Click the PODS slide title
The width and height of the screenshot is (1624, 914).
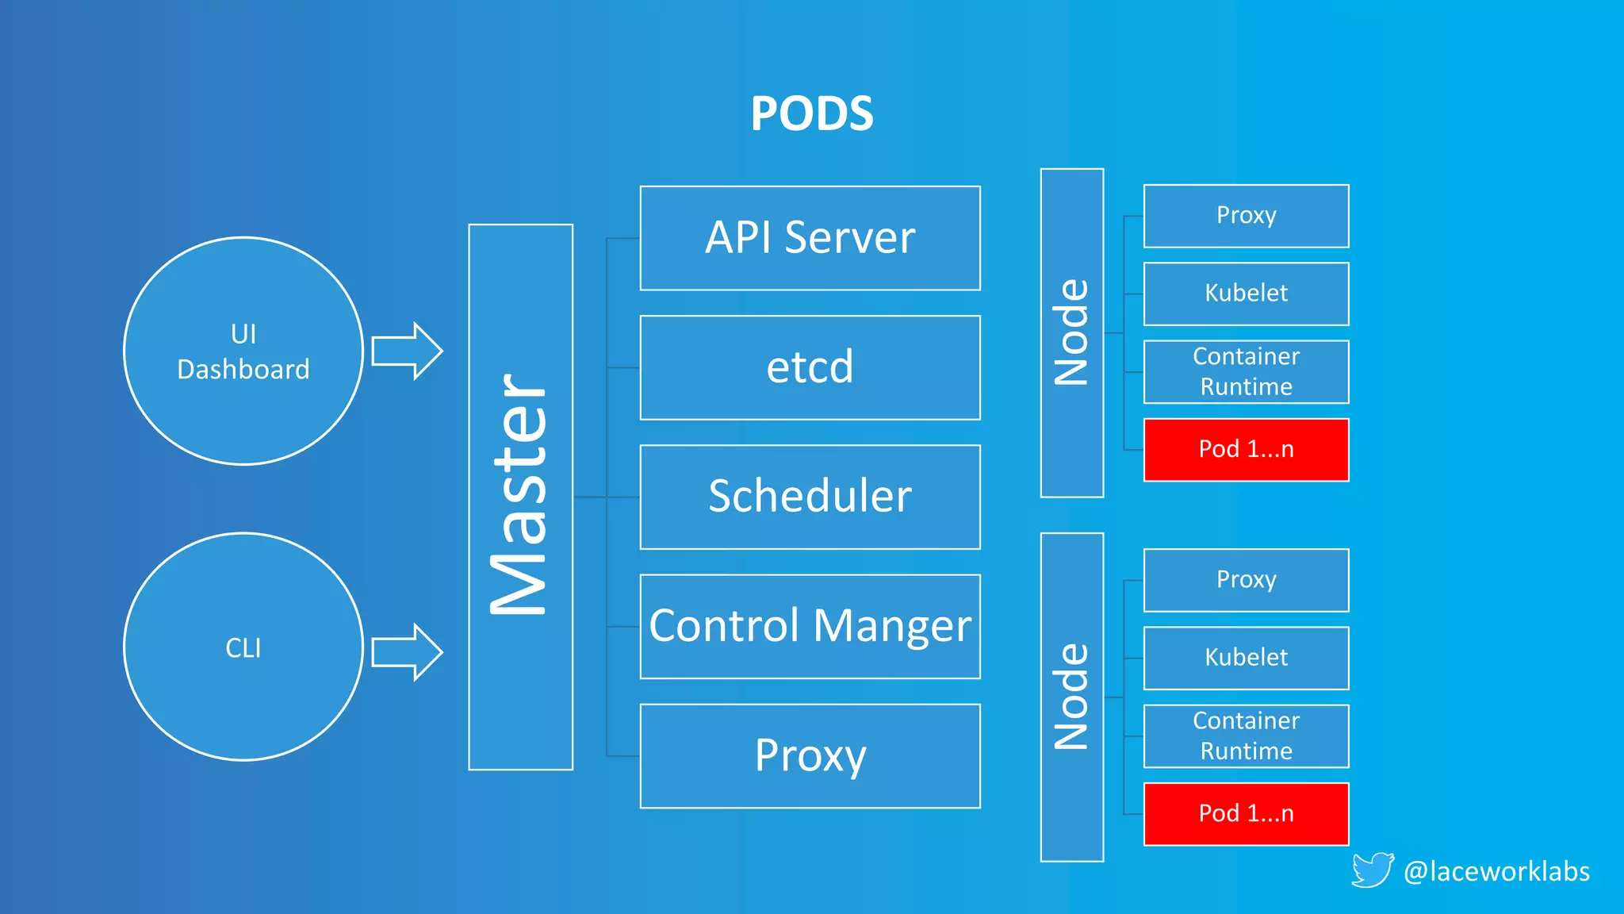(x=811, y=113)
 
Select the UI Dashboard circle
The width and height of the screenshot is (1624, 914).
(x=243, y=351)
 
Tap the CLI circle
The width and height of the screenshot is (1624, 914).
(x=243, y=647)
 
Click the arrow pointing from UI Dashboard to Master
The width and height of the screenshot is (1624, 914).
(x=407, y=351)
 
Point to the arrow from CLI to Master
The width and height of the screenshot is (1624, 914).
(x=407, y=652)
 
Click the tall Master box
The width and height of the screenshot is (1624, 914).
(x=520, y=497)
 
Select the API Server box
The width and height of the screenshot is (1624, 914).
(x=810, y=238)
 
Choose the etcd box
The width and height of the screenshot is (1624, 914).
(x=810, y=367)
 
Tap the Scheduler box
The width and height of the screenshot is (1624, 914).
(x=810, y=497)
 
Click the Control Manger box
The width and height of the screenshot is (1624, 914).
(x=810, y=626)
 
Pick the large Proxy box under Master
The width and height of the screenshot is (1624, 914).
(x=810, y=755)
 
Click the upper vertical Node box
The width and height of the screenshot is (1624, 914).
(x=1071, y=332)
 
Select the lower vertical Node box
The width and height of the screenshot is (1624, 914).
(x=1071, y=697)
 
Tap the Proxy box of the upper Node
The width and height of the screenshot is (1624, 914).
(x=1246, y=216)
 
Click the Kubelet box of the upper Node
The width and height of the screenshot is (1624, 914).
(x=1246, y=294)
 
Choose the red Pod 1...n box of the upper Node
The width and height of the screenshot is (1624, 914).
(x=1246, y=450)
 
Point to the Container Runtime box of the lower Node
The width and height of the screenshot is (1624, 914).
(x=1246, y=735)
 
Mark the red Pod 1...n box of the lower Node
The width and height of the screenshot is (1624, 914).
(x=1246, y=814)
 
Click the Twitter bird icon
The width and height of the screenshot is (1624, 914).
(x=1372, y=870)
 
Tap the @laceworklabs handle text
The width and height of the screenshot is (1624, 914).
(x=1496, y=871)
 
